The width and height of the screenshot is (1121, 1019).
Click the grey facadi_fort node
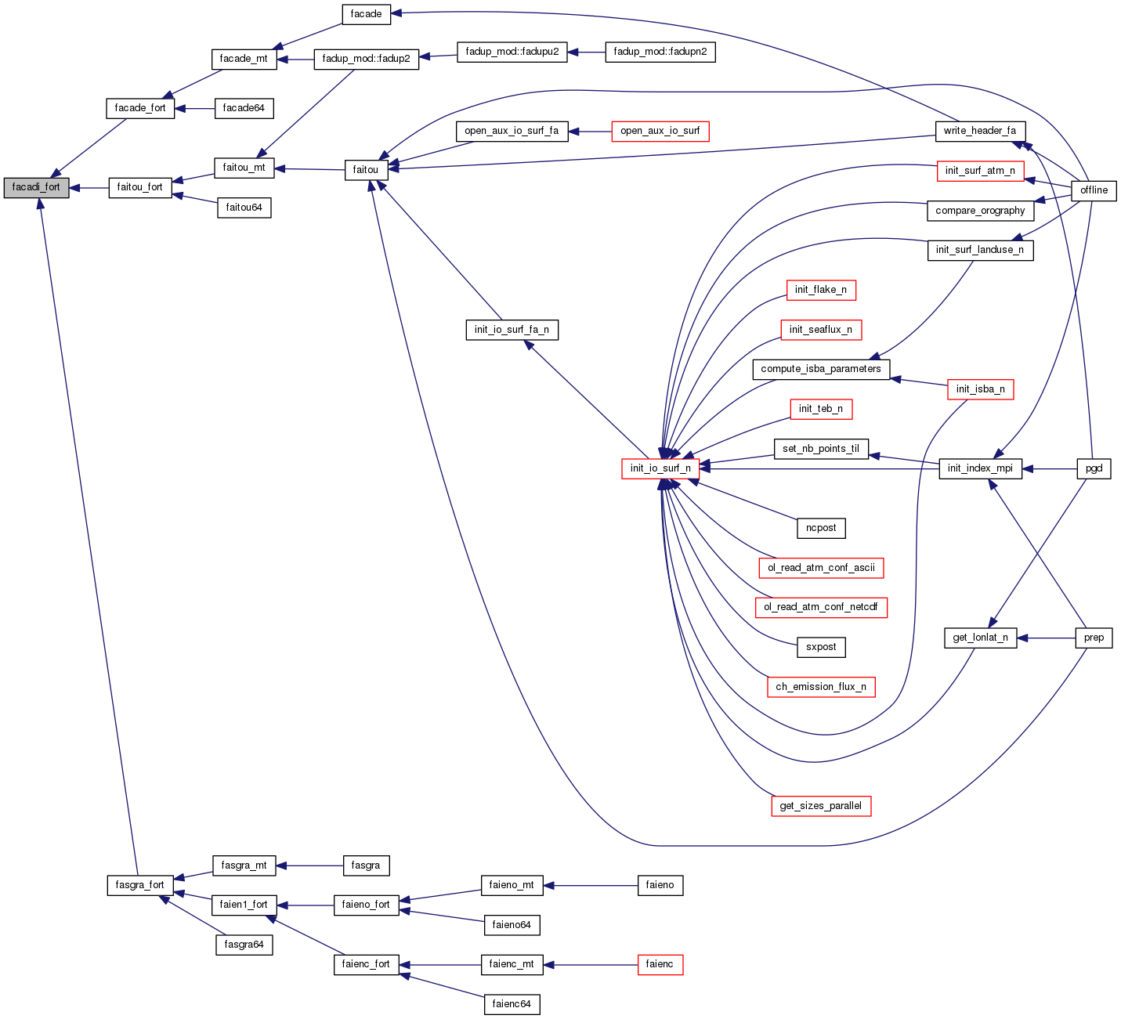(36, 188)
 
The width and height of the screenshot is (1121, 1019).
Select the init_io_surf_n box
(660, 468)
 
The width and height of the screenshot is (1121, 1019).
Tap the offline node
(1094, 190)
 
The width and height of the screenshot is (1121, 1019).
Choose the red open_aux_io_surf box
(660, 131)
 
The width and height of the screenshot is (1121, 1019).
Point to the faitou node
(365, 170)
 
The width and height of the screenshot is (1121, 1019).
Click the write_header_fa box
(979, 131)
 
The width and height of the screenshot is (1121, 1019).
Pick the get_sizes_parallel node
(820, 806)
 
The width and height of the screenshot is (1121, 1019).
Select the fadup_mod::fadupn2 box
(660, 52)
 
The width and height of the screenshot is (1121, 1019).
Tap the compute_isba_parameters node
(820, 369)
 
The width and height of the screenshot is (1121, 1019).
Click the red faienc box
(660, 964)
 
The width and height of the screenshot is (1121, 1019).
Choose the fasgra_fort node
(139, 885)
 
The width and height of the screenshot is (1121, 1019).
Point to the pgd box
(1094, 468)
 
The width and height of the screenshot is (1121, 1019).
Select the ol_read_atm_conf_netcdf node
(820, 607)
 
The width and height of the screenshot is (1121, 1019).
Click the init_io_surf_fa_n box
(512, 330)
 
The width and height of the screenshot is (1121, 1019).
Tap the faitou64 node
(244, 208)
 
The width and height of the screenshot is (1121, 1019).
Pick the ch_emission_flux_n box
(820, 687)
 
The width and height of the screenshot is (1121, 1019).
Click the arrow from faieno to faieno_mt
(591, 885)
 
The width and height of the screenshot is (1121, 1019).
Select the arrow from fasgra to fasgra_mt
(309, 865)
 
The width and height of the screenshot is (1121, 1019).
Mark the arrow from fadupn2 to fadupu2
(586, 52)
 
